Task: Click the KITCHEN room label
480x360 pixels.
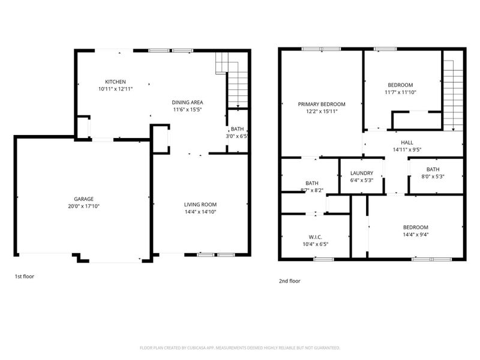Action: point(115,82)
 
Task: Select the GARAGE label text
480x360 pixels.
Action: point(83,199)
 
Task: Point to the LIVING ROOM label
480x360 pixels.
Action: point(200,205)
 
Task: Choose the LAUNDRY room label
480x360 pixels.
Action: point(362,173)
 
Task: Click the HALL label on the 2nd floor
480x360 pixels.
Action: point(407,142)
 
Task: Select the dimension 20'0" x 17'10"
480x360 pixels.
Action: point(83,206)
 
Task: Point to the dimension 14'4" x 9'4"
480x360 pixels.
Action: point(415,235)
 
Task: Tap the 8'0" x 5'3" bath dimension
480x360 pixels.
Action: point(433,176)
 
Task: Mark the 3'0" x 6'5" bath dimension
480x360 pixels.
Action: point(237,136)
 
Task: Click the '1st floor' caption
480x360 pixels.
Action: point(25,277)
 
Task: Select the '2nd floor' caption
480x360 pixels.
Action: point(289,281)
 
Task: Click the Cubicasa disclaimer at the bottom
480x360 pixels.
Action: point(240,347)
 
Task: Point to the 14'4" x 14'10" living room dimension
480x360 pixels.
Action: point(200,212)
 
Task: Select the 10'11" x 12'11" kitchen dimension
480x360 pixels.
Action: point(115,89)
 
